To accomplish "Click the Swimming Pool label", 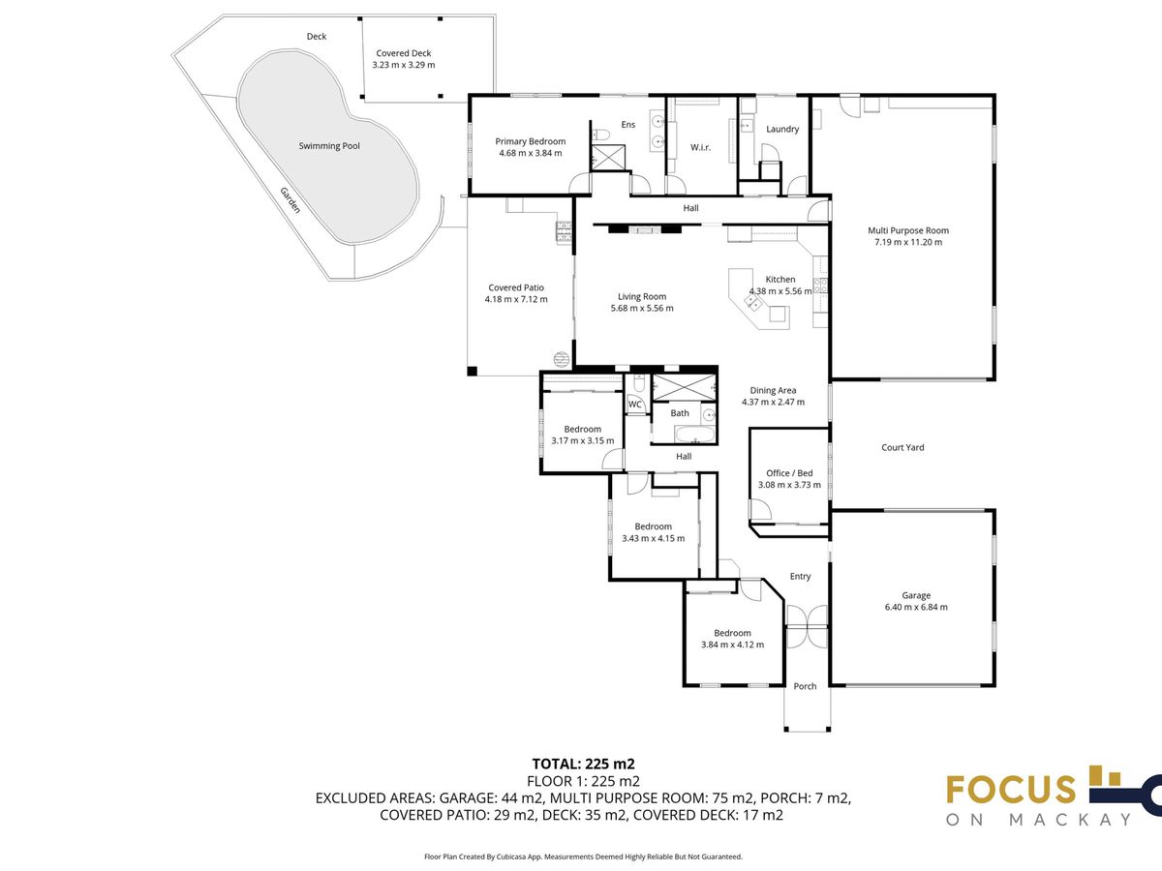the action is [329, 146].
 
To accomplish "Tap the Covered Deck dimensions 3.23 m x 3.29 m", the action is [404, 65].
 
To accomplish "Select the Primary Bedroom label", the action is [531, 141].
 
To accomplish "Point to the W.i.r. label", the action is [700, 147].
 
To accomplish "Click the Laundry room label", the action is [782, 129].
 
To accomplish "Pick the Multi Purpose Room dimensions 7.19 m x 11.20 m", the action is [908, 242].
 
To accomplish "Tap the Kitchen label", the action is [780, 280].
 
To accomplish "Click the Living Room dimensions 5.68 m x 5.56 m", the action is [642, 309].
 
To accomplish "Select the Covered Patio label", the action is [516, 287].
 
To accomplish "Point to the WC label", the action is [634, 405].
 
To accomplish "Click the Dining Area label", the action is [773, 391].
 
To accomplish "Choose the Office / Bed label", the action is [789, 473].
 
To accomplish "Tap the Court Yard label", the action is [902, 447].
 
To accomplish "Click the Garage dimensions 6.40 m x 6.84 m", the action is [916, 607].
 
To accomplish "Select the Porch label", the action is [805, 686].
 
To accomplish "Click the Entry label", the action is [801, 577].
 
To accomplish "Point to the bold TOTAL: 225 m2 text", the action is [583, 764].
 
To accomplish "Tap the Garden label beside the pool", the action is [290, 200].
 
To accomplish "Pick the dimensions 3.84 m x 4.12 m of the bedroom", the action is [733, 645].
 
